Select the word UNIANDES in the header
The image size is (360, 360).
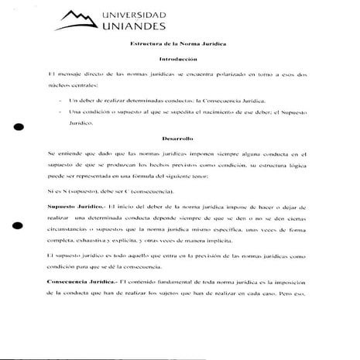132,29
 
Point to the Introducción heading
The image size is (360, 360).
180,60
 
